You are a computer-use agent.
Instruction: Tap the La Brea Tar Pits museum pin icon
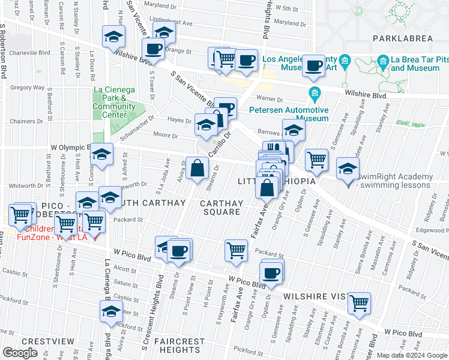pyautogui.click(x=382, y=61)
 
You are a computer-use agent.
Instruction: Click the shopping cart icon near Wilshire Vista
pyautogui.click(x=359, y=304)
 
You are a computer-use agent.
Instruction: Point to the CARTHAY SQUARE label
pyautogui.click(x=221, y=208)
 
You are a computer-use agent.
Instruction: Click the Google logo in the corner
pyautogui.click(x=21, y=353)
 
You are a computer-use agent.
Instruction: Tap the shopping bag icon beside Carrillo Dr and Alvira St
pyautogui.click(x=197, y=168)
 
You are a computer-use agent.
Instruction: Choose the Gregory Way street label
pyautogui.click(x=28, y=88)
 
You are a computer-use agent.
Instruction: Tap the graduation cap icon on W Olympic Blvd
pyautogui.click(x=101, y=155)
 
